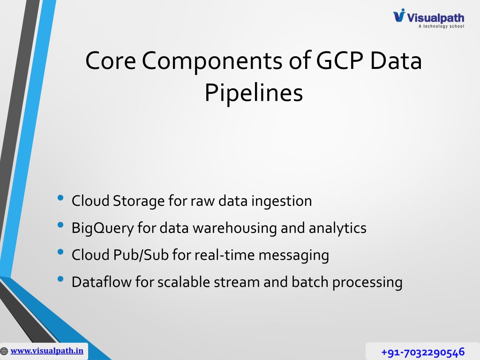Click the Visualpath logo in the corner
click(428, 18)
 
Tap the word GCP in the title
click(339, 60)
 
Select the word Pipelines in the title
click(254, 92)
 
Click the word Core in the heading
click(111, 60)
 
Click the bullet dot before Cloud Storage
click(60, 198)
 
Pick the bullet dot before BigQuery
click(60, 225)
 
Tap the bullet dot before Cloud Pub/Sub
click(60, 252)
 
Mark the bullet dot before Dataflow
click(60, 279)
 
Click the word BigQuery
click(103, 228)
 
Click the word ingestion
click(282, 202)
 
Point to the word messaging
click(294, 255)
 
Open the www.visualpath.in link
click(47, 351)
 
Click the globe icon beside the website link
click(4, 351)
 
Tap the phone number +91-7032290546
click(423, 352)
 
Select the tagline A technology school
click(442, 26)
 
